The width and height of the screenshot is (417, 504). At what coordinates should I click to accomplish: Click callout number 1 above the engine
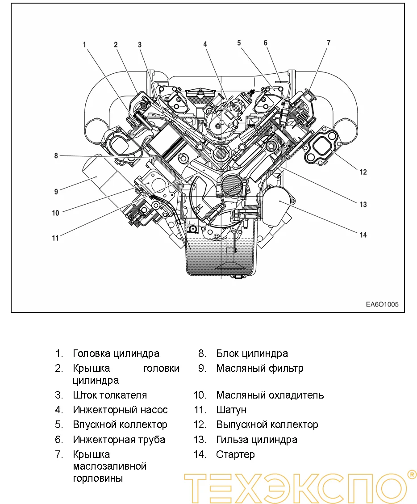coord(84,45)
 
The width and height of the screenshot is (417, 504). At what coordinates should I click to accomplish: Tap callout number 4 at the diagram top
coord(205,44)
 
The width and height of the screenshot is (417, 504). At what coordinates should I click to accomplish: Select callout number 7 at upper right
coord(329,43)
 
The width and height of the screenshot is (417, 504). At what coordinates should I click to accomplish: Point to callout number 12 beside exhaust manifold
coord(363,172)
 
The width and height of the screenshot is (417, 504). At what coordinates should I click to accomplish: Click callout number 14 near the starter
coord(363,235)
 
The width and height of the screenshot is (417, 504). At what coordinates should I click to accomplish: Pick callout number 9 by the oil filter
coord(56,192)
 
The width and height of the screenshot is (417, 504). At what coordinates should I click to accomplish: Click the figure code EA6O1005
coord(382,305)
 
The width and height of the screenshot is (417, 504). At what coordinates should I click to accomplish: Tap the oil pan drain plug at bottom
coord(238,277)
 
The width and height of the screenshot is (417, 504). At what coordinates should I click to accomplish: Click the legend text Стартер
coord(235,454)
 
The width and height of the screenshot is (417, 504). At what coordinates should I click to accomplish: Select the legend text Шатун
coord(231,410)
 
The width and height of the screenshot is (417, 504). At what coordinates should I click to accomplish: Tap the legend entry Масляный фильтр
coord(259,369)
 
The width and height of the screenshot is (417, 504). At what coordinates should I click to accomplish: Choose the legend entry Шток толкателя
coord(110,395)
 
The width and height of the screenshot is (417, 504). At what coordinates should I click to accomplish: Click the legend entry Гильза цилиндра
coord(257,440)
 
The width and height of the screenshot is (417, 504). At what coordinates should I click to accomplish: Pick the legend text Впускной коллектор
coord(120,424)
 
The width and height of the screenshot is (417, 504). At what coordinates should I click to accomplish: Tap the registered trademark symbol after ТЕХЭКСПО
coord(412,474)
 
